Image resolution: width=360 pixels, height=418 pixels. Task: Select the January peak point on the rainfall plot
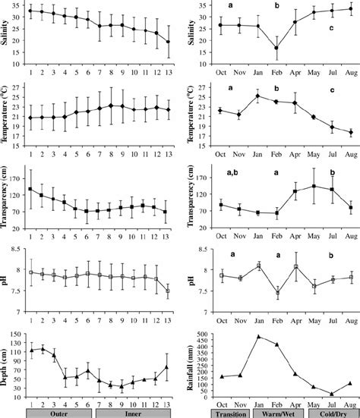pyautogui.click(x=258, y=336)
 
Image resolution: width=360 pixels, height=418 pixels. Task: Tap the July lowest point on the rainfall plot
pyautogui.click(x=332, y=393)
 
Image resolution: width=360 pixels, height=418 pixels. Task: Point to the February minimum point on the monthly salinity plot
pyautogui.click(x=276, y=48)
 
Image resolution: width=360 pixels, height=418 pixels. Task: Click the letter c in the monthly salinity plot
pyautogui.click(x=332, y=28)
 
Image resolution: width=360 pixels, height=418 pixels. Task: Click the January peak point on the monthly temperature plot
pyautogui.click(x=258, y=96)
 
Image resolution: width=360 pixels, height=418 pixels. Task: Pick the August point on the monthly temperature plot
pyautogui.click(x=350, y=132)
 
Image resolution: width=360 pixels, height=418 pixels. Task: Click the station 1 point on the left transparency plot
pyautogui.click(x=30, y=189)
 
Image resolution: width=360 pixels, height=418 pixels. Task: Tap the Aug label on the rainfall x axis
pyautogui.click(x=350, y=403)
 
